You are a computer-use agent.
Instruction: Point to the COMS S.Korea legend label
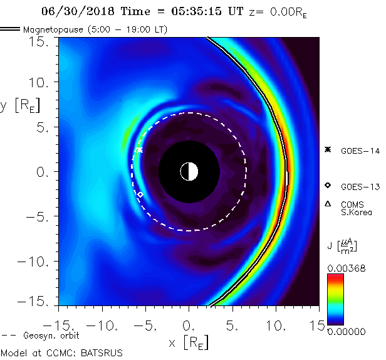click(x=357, y=208)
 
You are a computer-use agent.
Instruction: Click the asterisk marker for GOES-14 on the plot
click(x=139, y=150)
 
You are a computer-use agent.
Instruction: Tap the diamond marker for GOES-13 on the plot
click(x=140, y=195)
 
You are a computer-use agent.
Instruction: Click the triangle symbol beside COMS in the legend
click(x=327, y=204)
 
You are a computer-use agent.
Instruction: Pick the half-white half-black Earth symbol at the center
click(x=189, y=171)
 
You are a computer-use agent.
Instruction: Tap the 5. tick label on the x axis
click(x=234, y=326)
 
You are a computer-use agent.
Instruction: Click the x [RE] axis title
click(x=189, y=342)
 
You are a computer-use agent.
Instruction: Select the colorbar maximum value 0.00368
click(x=345, y=268)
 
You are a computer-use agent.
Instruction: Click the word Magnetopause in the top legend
click(x=53, y=29)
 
